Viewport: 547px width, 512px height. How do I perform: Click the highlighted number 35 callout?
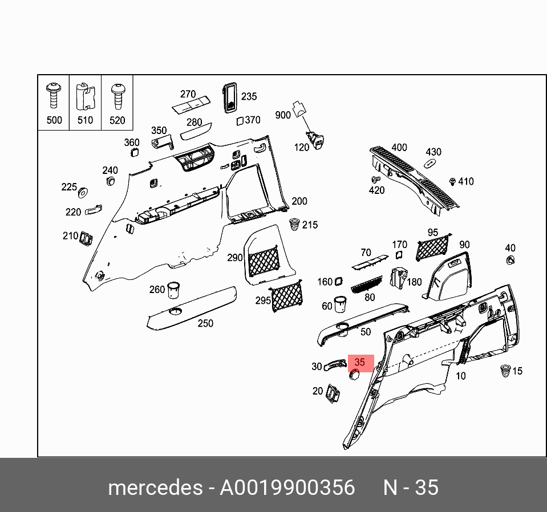coord(360,363)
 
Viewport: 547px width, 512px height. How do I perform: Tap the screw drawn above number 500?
coord(54,95)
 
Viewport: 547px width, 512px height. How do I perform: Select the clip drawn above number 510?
coord(85,96)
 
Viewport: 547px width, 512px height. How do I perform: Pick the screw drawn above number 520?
coord(117,95)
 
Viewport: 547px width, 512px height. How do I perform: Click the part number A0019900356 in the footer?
coord(287,488)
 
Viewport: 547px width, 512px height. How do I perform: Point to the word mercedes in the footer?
coord(155,488)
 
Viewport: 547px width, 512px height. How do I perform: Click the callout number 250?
coord(205,323)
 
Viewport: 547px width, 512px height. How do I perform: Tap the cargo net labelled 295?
coord(287,296)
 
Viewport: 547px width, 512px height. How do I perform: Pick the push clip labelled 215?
coord(294,224)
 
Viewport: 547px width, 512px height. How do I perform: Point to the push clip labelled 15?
coord(504,370)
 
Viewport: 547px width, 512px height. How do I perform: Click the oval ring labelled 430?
coord(430,164)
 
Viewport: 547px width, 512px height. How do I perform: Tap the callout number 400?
coord(399,148)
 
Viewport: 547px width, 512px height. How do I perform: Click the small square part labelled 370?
coord(240,120)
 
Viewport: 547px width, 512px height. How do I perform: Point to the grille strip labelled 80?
coord(365,285)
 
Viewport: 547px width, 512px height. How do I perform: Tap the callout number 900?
coord(283,115)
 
